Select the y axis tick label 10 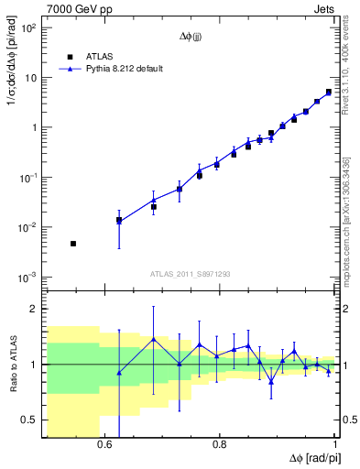click(x=31, y=78)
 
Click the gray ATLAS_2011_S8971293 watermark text click(x=190, y=274)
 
